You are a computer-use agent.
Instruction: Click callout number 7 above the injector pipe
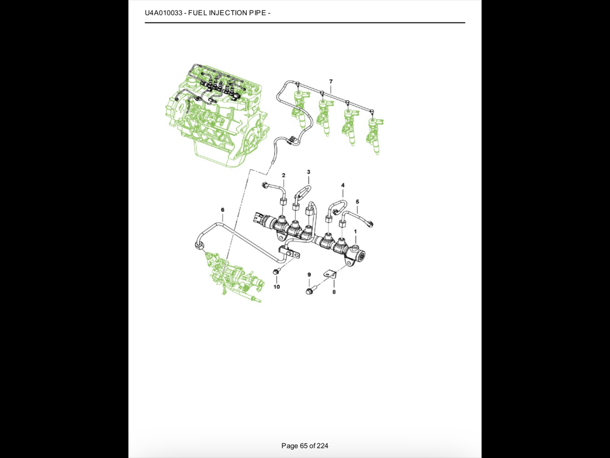coord(331,81)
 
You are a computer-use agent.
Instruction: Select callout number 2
coord(284,175)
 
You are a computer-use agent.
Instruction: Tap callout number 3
coord(309,172)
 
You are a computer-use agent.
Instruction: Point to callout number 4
coord(343,185)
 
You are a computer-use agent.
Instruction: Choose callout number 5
coord(357,202)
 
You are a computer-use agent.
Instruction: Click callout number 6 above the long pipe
coord(222,210)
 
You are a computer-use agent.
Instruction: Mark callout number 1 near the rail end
coord(355,232)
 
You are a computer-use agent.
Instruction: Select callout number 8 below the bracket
coord(334,292)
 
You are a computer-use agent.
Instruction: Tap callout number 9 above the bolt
coord(309,274)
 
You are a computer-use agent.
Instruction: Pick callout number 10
coord(277,287)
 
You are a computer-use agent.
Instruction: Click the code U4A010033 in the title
coord(164,13)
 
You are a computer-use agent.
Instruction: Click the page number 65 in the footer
coord(304,446)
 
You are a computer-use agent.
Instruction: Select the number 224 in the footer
coord(323,446)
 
